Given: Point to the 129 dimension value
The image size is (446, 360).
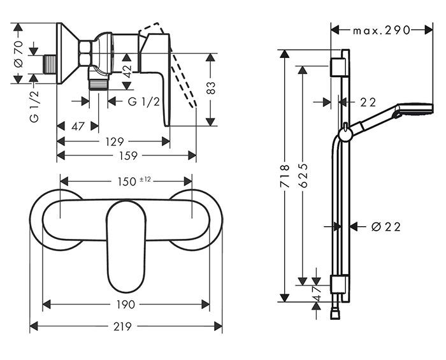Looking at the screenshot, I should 113,141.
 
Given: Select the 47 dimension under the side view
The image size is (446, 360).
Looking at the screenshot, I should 78,126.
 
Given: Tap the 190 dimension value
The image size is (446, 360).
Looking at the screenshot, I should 126,305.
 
